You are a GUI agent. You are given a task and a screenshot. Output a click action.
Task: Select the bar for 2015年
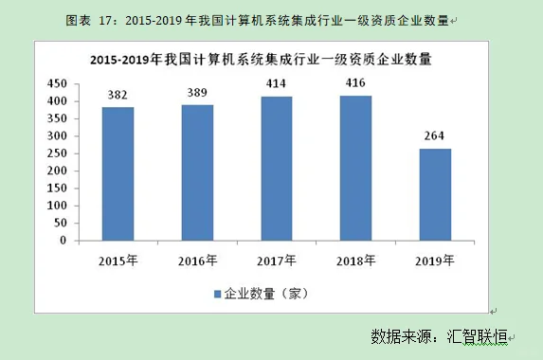118,173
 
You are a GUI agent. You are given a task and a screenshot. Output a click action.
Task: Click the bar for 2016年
197,172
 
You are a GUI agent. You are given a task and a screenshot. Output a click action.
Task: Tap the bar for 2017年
277,168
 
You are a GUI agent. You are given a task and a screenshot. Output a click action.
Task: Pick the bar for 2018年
356,168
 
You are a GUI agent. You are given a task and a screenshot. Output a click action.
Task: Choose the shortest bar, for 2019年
436,194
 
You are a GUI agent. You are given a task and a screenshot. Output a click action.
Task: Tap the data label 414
277,85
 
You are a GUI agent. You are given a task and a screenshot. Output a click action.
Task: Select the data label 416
356,84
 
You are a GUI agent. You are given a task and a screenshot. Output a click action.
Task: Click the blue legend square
217,294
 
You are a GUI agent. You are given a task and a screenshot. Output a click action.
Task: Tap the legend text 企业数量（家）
267,294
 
